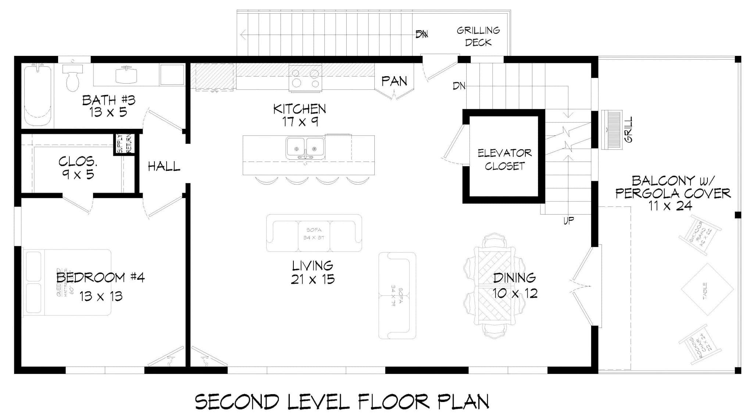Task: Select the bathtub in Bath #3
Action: [38, 95]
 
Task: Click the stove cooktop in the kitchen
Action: [305, 78]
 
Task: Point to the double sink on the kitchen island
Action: [305, 148]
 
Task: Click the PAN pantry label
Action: [394, 81]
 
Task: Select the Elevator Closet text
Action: [504, 159]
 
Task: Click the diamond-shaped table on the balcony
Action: [707, 289]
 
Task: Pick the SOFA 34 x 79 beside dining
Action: [397, 296]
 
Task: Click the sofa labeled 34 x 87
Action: [314, 233]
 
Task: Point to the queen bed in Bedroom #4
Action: [67, 282]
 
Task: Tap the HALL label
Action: [164, 167]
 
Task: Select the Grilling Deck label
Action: [478, 36]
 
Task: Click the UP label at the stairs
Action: [568, 221]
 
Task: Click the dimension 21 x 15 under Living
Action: [313, 279]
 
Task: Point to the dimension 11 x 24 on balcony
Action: [670, 206]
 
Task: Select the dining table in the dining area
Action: [495, 285]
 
